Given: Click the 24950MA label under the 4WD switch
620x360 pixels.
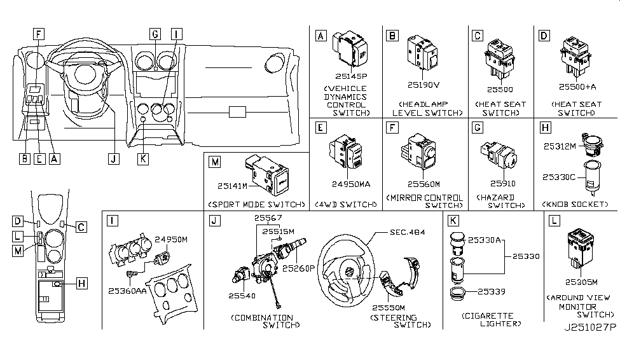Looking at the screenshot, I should coord(348,184).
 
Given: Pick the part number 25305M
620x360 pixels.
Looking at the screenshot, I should coord(579,282).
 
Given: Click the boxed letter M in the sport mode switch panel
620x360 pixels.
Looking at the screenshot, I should coord(215,163).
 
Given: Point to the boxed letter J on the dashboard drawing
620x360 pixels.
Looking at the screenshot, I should coord(113,160).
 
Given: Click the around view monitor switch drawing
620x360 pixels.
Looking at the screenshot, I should coord(579,248).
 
